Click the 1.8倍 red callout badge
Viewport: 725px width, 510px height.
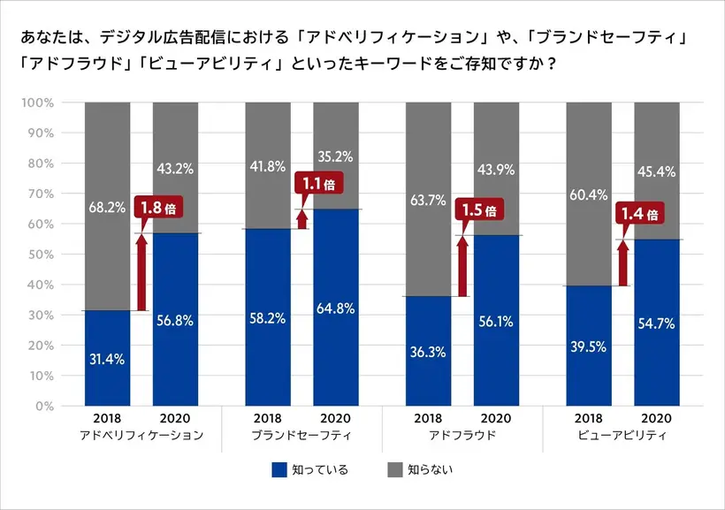(158, 209)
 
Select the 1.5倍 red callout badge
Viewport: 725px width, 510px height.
(478, 210)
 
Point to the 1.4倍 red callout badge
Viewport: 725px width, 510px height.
(639, 214)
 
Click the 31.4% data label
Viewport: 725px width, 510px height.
(107, 359)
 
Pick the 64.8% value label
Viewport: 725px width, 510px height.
(336, 308)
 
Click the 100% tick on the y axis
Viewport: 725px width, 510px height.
(37, 103)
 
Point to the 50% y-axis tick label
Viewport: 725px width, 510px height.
(40, 255)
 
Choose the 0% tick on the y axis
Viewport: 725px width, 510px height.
(43, 407)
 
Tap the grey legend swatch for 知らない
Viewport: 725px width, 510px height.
(395, 469)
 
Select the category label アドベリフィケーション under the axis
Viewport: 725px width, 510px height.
(141, 436)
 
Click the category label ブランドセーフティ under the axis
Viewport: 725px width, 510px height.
(301, 436)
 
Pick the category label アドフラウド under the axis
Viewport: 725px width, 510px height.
(462, 436)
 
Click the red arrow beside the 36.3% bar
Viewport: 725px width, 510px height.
(462, 265)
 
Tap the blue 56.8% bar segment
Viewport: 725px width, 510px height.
(175, 319)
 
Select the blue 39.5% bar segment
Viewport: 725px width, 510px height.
(589, 346)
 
